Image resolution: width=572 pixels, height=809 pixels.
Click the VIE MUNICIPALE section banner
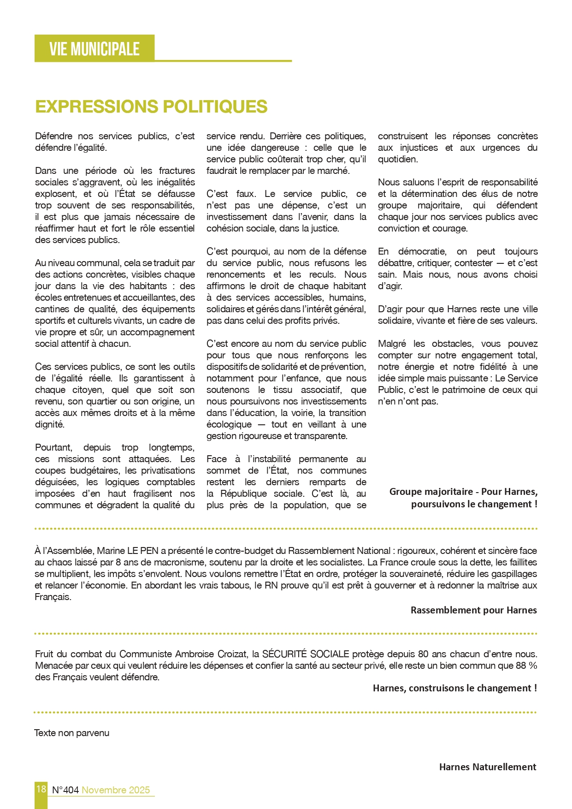pyautogui.click(x=94, y=48)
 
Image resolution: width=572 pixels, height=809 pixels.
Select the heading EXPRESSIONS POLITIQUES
pyautogui.click(x=151, y=107)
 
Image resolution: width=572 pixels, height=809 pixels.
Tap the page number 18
pyautogui.click(x=41, y=789)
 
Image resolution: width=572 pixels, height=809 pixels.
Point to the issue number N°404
pyautogui.click(x=65, y=790)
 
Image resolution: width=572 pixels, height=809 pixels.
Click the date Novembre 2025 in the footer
pyautogui.click(x=116, y=790)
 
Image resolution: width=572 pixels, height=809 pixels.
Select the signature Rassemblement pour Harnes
pyautogui.click(x=473, y=610)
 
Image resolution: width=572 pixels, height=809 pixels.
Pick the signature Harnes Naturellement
pyautogui.click(x=488, y=767)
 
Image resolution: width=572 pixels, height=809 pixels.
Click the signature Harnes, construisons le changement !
pyautogui.click(x=454, y=688)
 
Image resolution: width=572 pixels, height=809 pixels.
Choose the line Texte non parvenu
pyautogui.click(x=72, y=733)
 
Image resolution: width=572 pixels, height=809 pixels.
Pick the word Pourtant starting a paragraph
pyautogui.click(x=53, y=447)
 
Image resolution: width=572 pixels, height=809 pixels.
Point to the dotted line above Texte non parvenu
pyautogui.click(x=285, y=712)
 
